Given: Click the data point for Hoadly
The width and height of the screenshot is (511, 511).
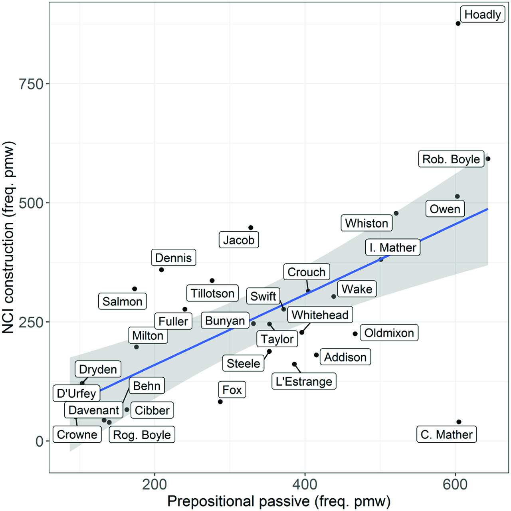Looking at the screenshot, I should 458,24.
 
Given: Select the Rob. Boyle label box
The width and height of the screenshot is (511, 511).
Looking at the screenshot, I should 451,159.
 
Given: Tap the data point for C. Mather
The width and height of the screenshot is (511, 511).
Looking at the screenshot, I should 459,422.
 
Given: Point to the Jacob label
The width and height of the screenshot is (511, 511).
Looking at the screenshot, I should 239,240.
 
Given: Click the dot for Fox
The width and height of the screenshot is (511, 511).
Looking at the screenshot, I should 220,402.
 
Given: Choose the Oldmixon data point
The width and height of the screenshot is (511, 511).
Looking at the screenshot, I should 355,334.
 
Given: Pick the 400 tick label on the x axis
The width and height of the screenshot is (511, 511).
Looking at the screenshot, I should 305,484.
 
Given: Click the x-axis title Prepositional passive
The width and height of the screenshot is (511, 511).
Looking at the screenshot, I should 279,501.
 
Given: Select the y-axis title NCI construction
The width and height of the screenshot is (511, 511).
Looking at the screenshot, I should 8,237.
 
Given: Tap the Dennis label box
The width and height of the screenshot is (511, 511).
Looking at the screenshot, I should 173,257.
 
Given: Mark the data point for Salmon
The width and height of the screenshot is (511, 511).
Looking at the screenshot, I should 135,289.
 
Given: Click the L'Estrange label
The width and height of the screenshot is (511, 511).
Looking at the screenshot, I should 304,381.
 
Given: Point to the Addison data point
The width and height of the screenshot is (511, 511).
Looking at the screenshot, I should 317,355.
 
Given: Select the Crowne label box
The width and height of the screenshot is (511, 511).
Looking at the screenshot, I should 77,434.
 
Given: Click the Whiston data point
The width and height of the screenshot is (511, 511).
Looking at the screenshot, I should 396,213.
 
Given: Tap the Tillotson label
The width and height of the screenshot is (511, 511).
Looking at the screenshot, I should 212,293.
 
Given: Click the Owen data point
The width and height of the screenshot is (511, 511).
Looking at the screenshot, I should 457,196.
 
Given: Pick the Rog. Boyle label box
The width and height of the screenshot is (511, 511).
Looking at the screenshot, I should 142,434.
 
